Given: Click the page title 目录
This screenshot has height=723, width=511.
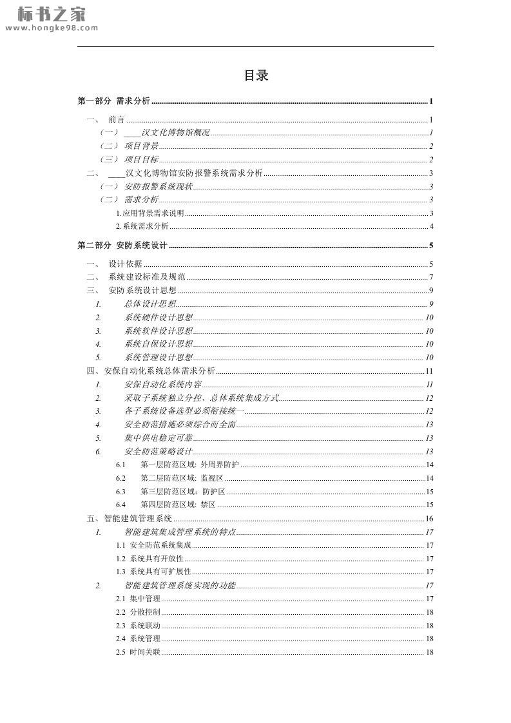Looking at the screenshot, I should [x=256, y=76].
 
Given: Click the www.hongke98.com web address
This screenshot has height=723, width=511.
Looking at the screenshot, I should [x=51, y=28].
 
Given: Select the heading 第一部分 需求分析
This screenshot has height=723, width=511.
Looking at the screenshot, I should [x=114, y=101].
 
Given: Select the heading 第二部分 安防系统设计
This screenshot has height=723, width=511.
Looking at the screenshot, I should [x=122, y=246].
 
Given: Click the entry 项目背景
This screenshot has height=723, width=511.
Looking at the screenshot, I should [x=141, y=146].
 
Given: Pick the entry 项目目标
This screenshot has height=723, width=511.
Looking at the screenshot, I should [x=141, y=160].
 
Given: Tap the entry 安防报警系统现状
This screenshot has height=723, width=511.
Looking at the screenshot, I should [x=159, y=187].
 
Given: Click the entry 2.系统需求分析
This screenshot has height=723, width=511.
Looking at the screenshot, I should [x=142, y=226].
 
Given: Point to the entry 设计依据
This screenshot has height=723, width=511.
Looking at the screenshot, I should [x=125, y=264].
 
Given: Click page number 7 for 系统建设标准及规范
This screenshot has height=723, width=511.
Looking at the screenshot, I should [x=430, y=277].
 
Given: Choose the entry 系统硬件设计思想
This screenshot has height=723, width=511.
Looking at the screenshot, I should [x=159, y=318].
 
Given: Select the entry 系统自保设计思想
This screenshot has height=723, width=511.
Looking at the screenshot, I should [x=159, y=344].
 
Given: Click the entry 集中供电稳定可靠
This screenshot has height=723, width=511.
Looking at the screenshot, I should [x=159, y=438].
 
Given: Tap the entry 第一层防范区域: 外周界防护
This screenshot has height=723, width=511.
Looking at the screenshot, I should [x=189, y=465].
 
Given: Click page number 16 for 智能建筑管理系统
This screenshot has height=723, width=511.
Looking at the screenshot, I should [x=429, y=519].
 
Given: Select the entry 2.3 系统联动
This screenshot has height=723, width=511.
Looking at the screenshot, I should [x=139, y=626].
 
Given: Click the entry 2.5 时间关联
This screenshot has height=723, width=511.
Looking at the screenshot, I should [x=139, y=652].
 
